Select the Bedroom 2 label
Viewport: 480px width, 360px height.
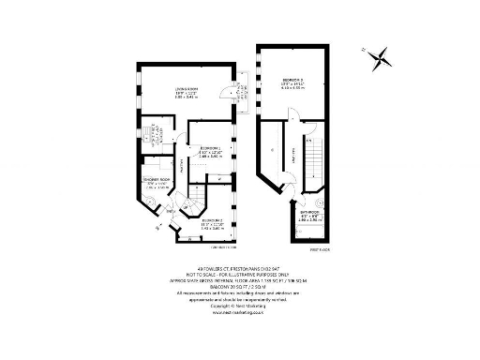(x=211, y=222)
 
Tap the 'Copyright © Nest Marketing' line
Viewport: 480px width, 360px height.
(x=240, y=305)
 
